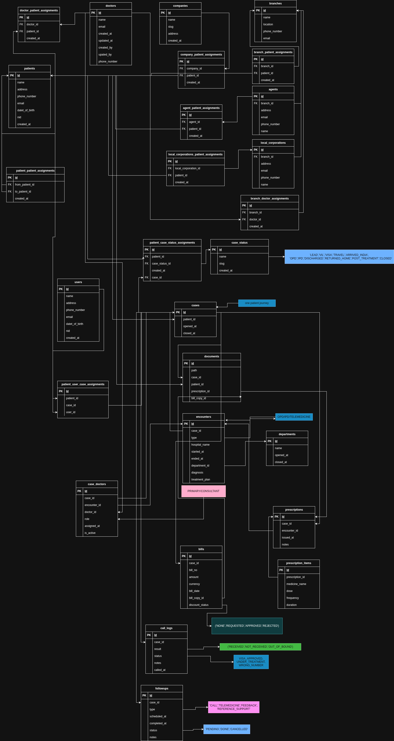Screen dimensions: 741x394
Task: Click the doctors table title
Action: (x=111, y=6)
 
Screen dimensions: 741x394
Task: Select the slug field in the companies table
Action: (x=171, y=27)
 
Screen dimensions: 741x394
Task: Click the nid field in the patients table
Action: (x=19, y=117)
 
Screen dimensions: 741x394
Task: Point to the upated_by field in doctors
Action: (x=105, y=55)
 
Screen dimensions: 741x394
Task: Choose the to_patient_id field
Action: (x=23, y=192)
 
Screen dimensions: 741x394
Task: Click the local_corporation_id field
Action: (x=187, y=168)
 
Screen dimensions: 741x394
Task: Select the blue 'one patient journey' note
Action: (x=257, y=303)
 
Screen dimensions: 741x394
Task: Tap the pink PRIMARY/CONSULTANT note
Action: (x=203, y=491)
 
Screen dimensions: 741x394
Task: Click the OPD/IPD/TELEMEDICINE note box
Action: (x=294, y=417)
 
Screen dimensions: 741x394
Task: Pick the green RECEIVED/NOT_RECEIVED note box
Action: (x=260, y=647)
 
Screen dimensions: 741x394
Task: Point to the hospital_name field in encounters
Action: (x=200, y=445)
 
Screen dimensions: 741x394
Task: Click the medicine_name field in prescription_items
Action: (x=296, y=584)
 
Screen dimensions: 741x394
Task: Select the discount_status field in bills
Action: (x=199, y=605)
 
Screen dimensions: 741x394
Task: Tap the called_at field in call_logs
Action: (x=160, y=670)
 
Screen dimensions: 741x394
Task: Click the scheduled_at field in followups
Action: (x=158, y=716)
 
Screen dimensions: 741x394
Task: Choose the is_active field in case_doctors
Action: (x=90, y=533)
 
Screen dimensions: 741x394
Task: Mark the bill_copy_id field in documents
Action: (x=199, y=398)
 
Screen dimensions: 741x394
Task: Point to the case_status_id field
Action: (x=161, y=264)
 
